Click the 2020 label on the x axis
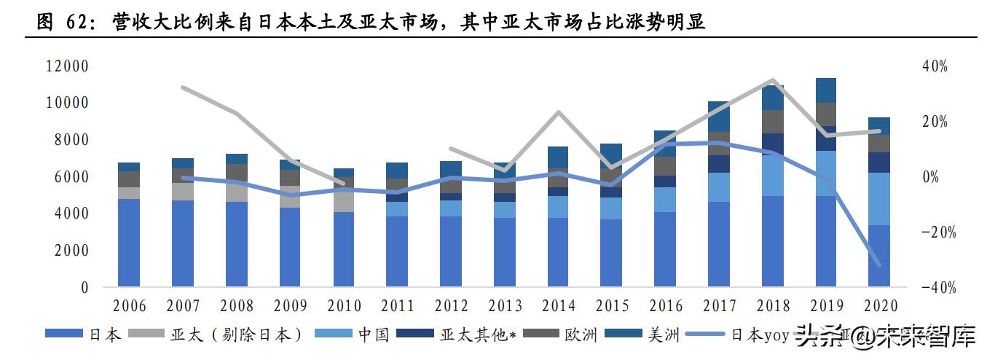point(880,306)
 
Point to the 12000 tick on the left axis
point(67,66)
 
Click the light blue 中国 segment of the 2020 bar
point(880,198)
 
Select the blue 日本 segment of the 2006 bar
point(129,242)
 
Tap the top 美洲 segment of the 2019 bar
point(826,90)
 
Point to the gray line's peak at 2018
point(772,80)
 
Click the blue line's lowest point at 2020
point(878,265)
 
